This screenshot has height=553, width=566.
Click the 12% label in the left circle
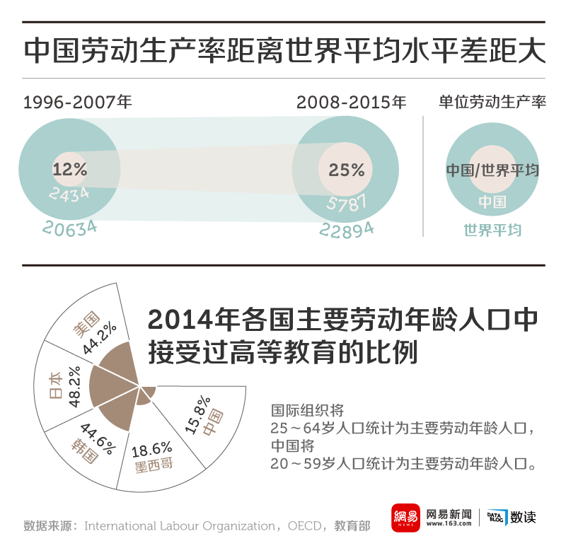pos(69,170)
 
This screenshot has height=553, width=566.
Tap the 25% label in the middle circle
pos(346,170)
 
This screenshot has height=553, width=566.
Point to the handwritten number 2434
pos(69,193)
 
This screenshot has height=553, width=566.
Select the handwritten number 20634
pos(69,227)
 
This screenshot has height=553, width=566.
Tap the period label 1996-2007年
pos(78,103)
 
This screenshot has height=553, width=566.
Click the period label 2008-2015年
pos(352,103)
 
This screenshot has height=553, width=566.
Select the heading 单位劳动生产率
pos(492,103)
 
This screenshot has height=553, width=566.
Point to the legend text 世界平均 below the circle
pos(492,230)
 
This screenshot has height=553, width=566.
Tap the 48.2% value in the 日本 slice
pos(74,386)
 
